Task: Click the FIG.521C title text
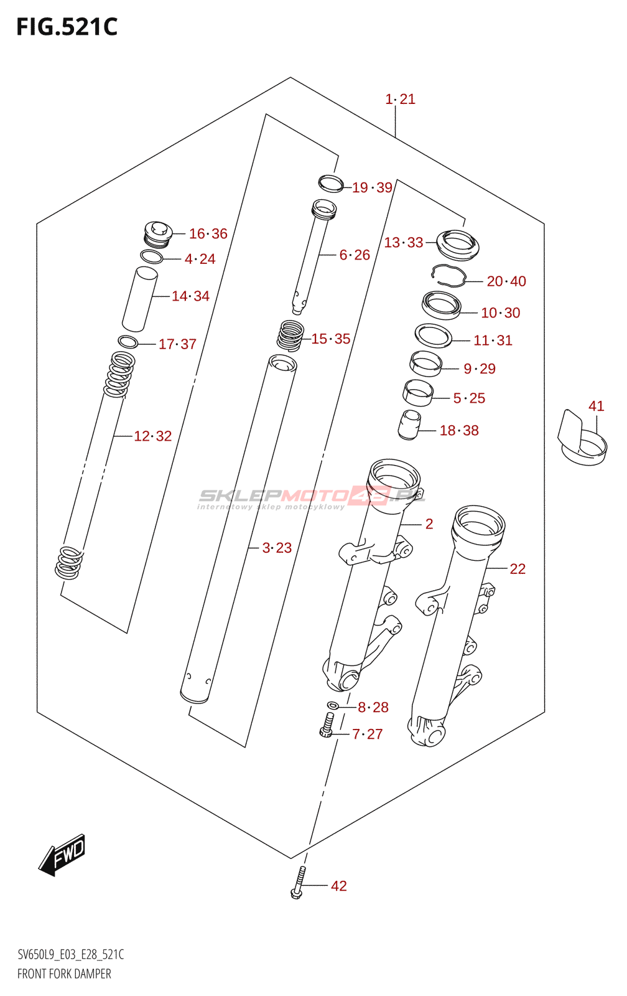tap(67, 27)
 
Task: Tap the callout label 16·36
tap(208, 234)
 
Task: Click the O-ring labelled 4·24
tap(152, 256)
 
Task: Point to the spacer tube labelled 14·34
tap(139, 299)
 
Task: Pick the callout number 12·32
tap(152, 436)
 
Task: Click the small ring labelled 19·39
tap(330, 184)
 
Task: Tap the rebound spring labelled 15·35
tap(290, 335)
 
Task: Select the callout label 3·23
tap(277, 548)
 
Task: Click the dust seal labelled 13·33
tap(458, 244)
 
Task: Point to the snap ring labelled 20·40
tap(449, 276)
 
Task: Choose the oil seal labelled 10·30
tap(442, 305)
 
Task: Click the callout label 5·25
tap(469, 398)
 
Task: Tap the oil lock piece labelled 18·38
tap(409, 425)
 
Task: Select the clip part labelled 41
tap(581, 439)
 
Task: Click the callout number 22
tap(518, 569)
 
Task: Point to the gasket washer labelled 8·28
tap(333, 705)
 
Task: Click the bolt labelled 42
tap(299, 883)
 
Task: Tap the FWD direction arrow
tap(62, 855)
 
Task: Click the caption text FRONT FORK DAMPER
tap(64, 974)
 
